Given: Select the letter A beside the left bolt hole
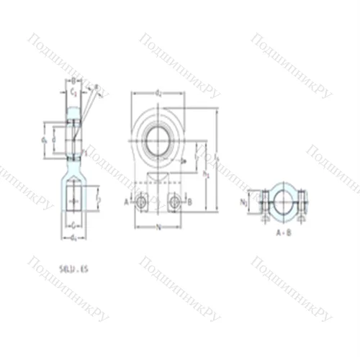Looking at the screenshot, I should [127, 202].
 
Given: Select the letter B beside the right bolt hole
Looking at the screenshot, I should [189, 202].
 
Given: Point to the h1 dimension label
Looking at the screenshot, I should [206, 173].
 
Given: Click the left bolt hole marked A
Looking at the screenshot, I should [141, 202].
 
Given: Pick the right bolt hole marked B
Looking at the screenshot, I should [176, 202].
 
